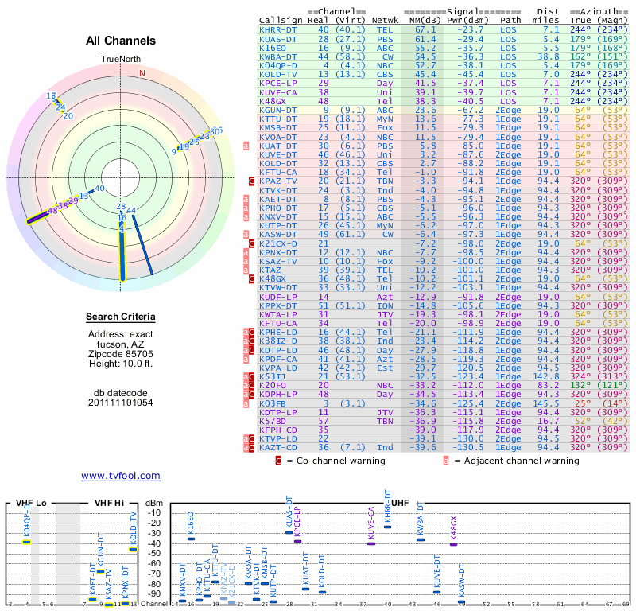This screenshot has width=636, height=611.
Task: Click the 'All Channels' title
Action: point(121,41)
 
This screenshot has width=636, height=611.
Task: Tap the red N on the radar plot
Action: point(142,74)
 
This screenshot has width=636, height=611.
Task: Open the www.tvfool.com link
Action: point(121,476)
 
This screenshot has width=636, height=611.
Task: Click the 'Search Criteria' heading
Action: point(121,317)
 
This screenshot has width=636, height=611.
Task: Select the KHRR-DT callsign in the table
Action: point(278,29)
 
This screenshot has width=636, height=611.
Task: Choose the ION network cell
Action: point(385,305)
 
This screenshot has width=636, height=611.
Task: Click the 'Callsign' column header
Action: point(281,19)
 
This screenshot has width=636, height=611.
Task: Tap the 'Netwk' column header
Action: point(385,19)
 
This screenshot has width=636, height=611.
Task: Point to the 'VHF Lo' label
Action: point(32,503)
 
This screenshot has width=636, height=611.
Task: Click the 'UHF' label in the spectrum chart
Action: point(400,503)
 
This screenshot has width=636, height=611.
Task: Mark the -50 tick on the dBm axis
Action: point(154,553)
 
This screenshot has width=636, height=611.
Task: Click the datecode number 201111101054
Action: point(121,403)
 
